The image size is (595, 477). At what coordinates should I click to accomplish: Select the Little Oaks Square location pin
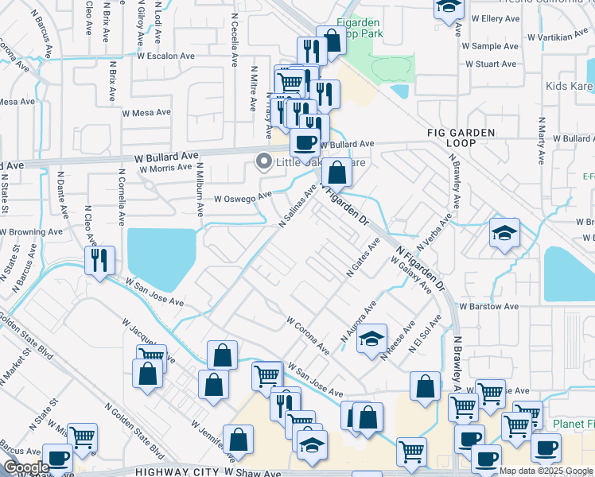pyautogui.click(x=263, y=162)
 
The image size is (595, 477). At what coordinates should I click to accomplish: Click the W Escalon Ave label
pyautogui.click(x=165, y=56)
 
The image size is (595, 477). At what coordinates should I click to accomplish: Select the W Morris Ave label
pyautogui.click(x=165, y=168)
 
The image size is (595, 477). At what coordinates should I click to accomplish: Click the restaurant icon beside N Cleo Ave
pyautogui.click(x=99, y=260)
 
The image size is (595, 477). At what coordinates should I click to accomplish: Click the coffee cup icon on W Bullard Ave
pyautogui.click(x=305, y=143)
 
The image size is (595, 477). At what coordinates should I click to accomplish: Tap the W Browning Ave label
pyautogui.click(x=31, y=231)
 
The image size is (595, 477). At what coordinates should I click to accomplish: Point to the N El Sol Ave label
pyautogui.click(x=425, y=338)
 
